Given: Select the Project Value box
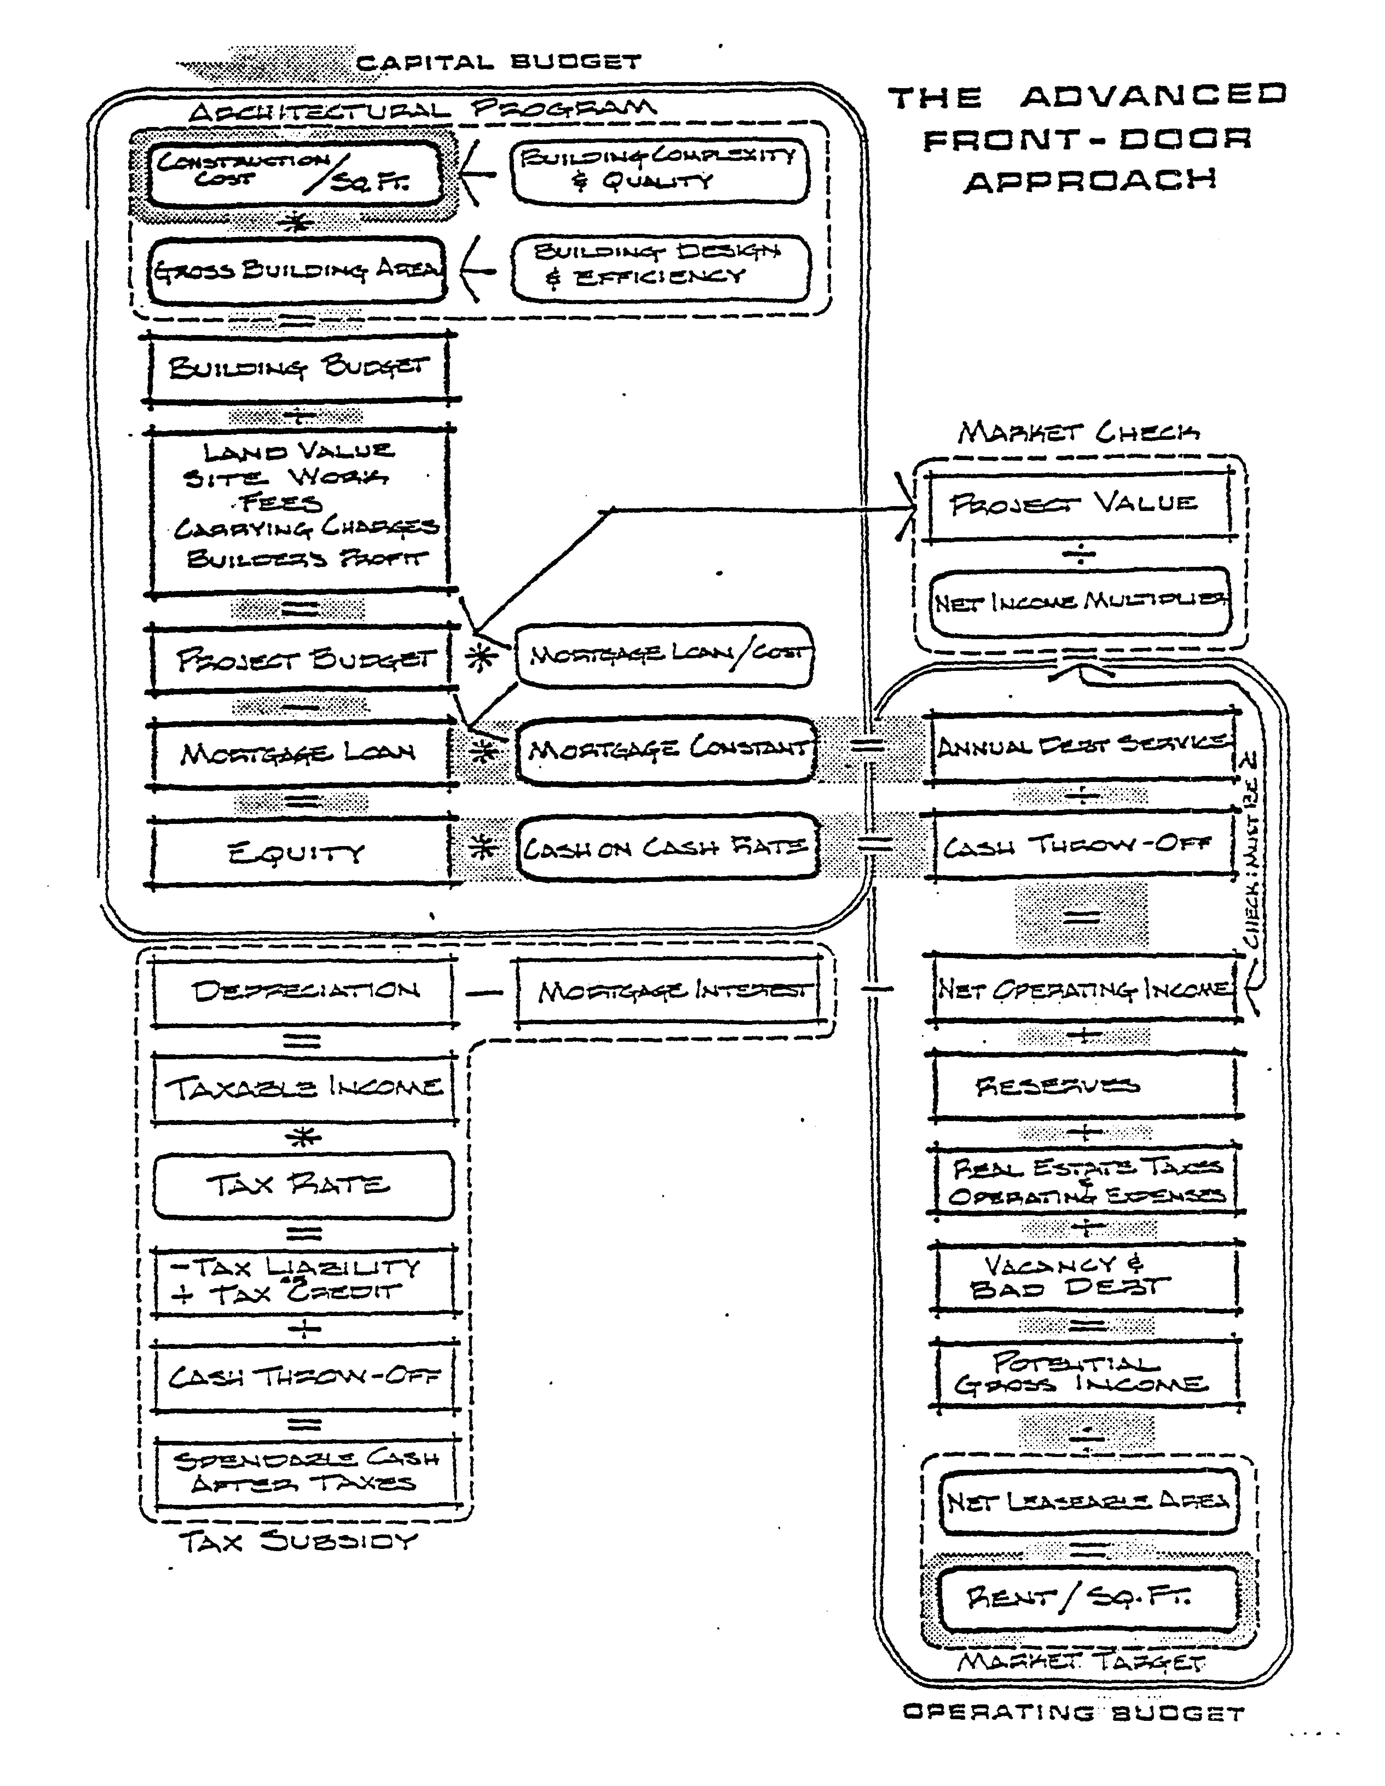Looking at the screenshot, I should point(1078,503).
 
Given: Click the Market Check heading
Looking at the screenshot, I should point(1078,432).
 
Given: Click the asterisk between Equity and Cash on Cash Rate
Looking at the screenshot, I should point(484,849).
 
